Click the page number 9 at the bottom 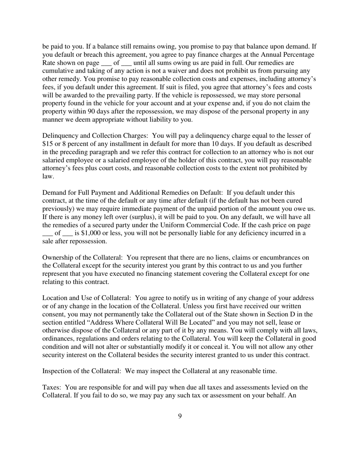[x=180, y=416]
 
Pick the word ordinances [x=59, y=339]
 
